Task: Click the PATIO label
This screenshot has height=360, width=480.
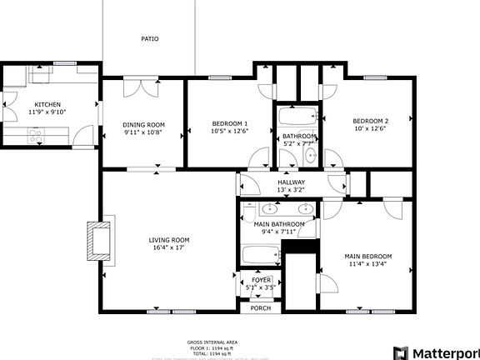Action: click(x=149, y=38)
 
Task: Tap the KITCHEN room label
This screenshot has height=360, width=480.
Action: click(x=47, y=104)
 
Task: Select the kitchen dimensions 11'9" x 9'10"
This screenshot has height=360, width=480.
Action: click(x=47, y=112)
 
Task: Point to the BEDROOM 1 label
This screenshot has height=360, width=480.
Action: click(x=229, y=124)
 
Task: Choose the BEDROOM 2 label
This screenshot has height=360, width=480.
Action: click(x=370, y=120)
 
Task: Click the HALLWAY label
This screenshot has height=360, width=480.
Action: click(x=291, y=182)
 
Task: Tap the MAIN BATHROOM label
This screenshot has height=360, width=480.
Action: click(x=278, y=224)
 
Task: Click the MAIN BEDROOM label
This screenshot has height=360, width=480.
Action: click(x=367, y=256)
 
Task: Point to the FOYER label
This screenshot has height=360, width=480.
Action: click(x=261, y=280)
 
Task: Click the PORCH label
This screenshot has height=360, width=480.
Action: click(x=261, y=307)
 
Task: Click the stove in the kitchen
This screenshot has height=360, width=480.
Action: click(x=36, y=135)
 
